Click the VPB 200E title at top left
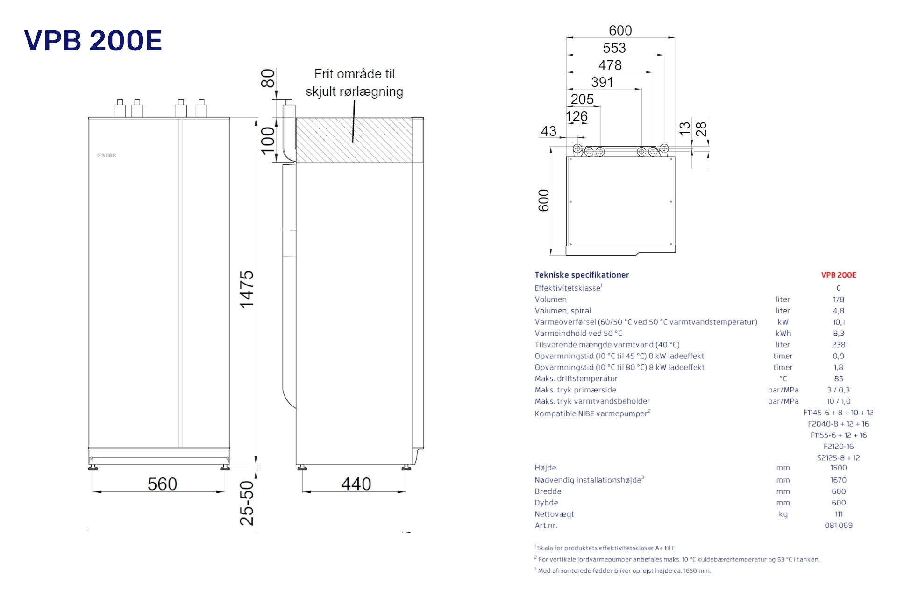[x=93, y=41]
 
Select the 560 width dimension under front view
[x=162, y=484]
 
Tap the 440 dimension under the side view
[x=356, y=484]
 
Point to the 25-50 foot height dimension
[x=247, y=503]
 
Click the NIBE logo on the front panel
[x=107, y=155]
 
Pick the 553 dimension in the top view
[x=614, y=48]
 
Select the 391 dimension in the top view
[x=602, y=83]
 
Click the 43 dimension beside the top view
[x=548, y=131]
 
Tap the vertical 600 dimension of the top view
[x=544, y=200]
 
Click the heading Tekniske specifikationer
[x=582, y=275]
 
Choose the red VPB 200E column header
[x=839, y=275]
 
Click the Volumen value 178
[x=839, y=299]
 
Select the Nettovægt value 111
[x=839, y=514]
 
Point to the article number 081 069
[x=839, y=526]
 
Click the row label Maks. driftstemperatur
[x=576, y=378]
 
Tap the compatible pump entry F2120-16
[x=839, y=447]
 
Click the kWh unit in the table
[x=783, y=334]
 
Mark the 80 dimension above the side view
[x=268, y=78]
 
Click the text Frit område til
[x=354, y=74]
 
